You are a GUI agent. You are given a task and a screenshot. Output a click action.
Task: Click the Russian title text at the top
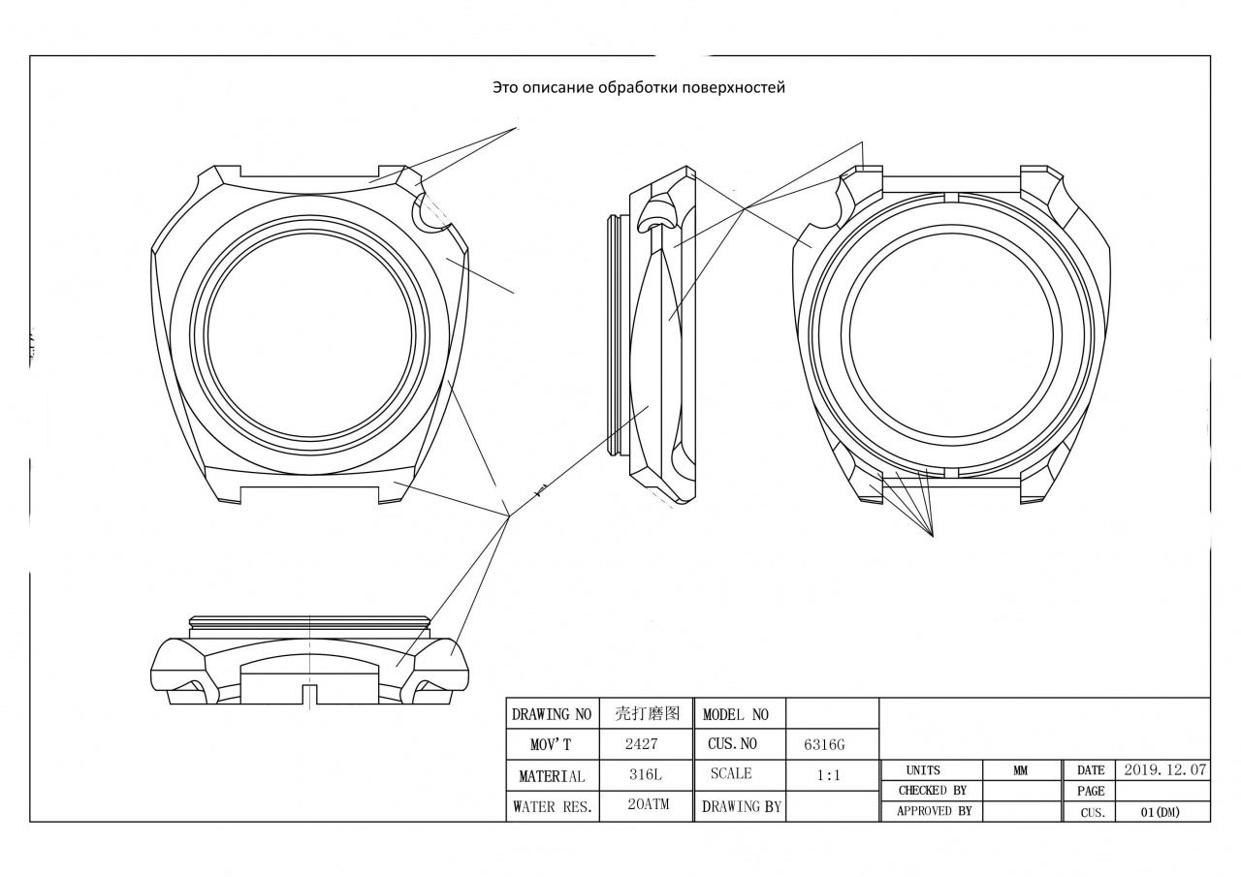[638, 87]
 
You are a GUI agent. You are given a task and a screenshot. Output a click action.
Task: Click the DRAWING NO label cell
[551, 714]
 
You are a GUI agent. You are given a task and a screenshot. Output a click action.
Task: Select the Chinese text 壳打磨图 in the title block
[646, 714]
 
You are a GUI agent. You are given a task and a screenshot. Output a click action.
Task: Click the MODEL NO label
[735, 714]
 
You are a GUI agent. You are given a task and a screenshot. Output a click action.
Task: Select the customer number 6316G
[824, 744]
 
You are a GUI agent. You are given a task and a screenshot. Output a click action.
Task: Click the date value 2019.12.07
[1164, 769]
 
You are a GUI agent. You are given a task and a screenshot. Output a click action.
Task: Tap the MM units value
[1021, 770]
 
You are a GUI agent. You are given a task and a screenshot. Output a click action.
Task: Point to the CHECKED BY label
[932, 790]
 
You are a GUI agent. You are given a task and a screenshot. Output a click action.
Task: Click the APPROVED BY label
[934, 811]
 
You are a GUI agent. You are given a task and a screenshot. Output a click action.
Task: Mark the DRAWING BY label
[741, 805]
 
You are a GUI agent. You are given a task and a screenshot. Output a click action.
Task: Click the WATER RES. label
[552, 805]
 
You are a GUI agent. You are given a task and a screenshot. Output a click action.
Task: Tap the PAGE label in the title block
[1091, 791]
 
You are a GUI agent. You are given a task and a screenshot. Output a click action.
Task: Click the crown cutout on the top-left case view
[430, 215]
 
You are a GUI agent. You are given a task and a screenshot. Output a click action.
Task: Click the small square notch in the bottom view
[309, 694]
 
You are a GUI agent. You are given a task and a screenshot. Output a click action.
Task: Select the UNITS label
[923, 770]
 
